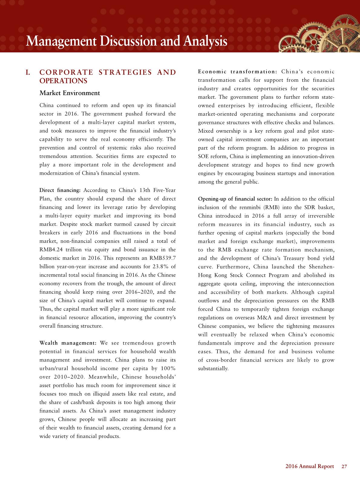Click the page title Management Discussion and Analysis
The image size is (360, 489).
[126, 41]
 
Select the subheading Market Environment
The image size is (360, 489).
[70, 93]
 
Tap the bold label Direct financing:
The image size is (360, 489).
[60, 190]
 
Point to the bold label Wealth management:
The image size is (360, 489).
[68, 343]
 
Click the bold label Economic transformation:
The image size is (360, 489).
[238, 72]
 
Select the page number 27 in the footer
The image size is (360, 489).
[344, 466]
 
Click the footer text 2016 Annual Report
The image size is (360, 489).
[310, 466]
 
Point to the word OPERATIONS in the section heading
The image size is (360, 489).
[64, 81]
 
